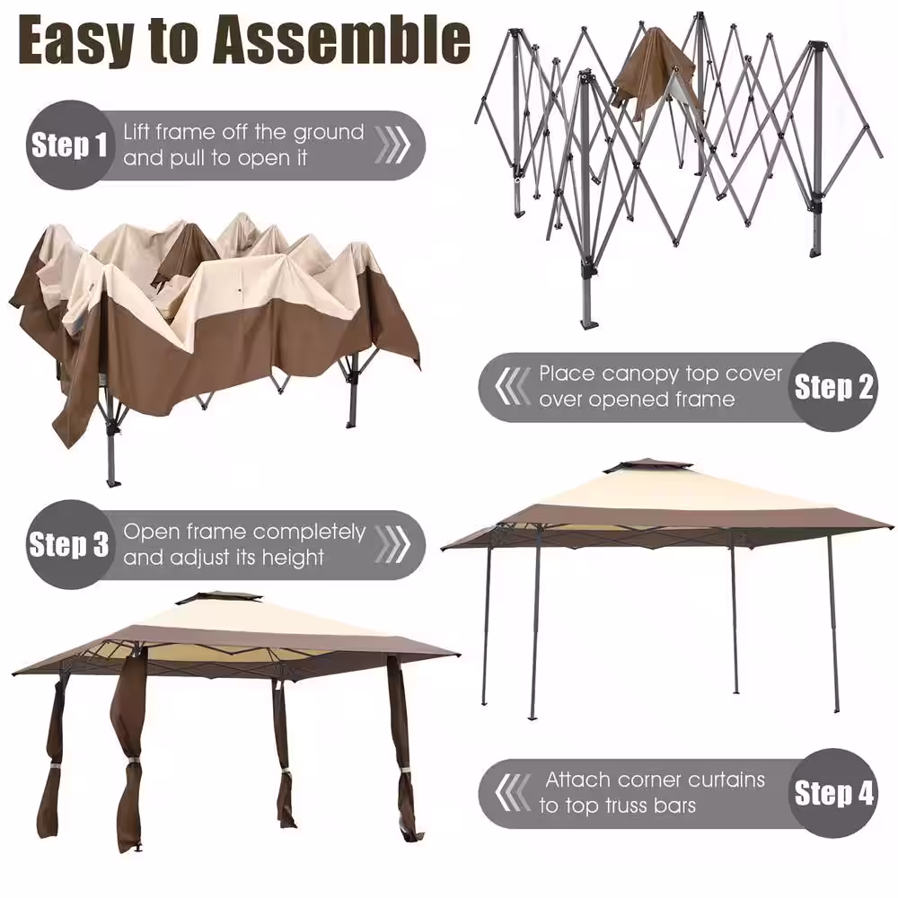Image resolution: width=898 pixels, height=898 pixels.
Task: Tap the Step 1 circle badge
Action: tap(69, 145)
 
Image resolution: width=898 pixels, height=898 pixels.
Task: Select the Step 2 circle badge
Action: tap(833, 386)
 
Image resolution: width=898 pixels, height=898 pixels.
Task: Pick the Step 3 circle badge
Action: tap(69, 544)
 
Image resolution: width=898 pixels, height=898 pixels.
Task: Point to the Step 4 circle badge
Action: tap(833, 793)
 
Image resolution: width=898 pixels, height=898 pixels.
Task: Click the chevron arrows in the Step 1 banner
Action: tap(392, 145)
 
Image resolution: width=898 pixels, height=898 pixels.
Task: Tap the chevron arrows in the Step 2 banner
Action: tap(513, 386)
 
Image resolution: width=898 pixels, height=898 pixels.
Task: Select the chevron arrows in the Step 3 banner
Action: tap(392, 544)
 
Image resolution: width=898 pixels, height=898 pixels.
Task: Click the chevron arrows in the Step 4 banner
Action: tap(513, 793)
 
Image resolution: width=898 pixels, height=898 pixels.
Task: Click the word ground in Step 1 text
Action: tap(329, 134)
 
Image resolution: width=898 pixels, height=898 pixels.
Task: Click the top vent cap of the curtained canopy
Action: tap(220, 600)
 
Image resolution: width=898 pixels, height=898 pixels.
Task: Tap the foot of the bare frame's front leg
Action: tap(589, 324)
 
